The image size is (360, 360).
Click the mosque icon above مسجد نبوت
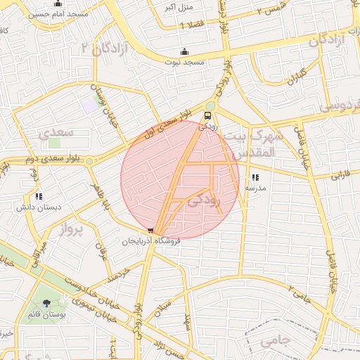184,51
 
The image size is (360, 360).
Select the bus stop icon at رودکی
207,116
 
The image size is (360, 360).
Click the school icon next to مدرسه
255,178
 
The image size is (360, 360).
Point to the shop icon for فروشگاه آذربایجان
150,231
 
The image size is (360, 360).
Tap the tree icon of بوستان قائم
46,304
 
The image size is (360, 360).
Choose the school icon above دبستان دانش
39,197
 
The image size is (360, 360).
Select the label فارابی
340,172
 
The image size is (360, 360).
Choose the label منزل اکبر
177,8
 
